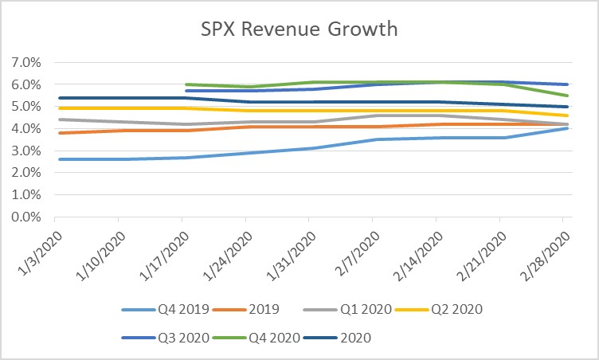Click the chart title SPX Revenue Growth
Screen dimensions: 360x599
pyautogui.click(x=299, y=29)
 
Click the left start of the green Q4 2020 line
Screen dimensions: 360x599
pyautogui.click(x=185, y=84)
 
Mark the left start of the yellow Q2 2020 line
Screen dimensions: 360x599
pyautogui.click(x=55, y=108)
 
